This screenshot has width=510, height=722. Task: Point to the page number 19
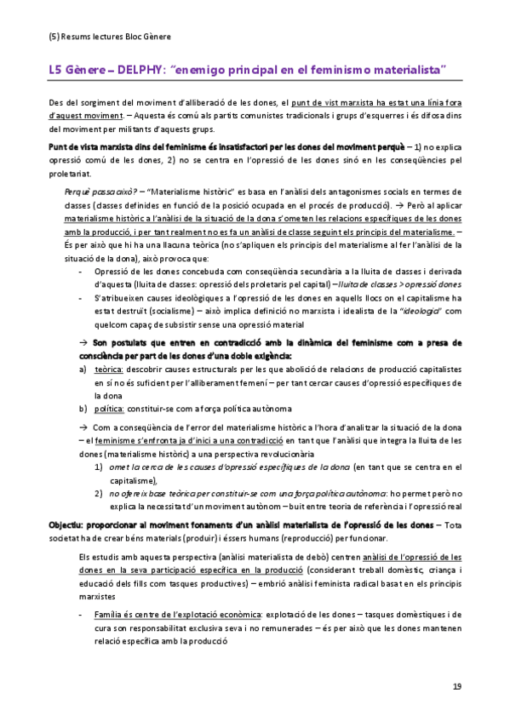(x=456, y=686)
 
